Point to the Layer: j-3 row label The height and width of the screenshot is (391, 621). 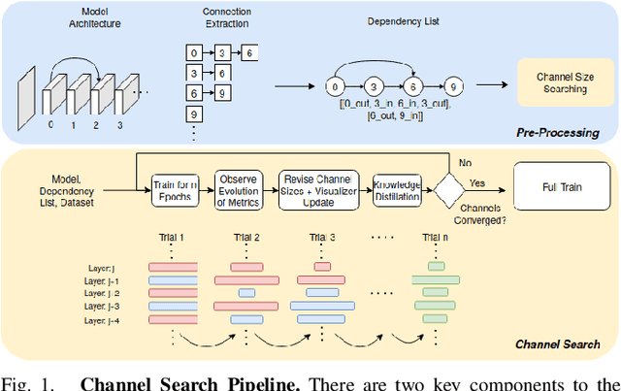(109, 306)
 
